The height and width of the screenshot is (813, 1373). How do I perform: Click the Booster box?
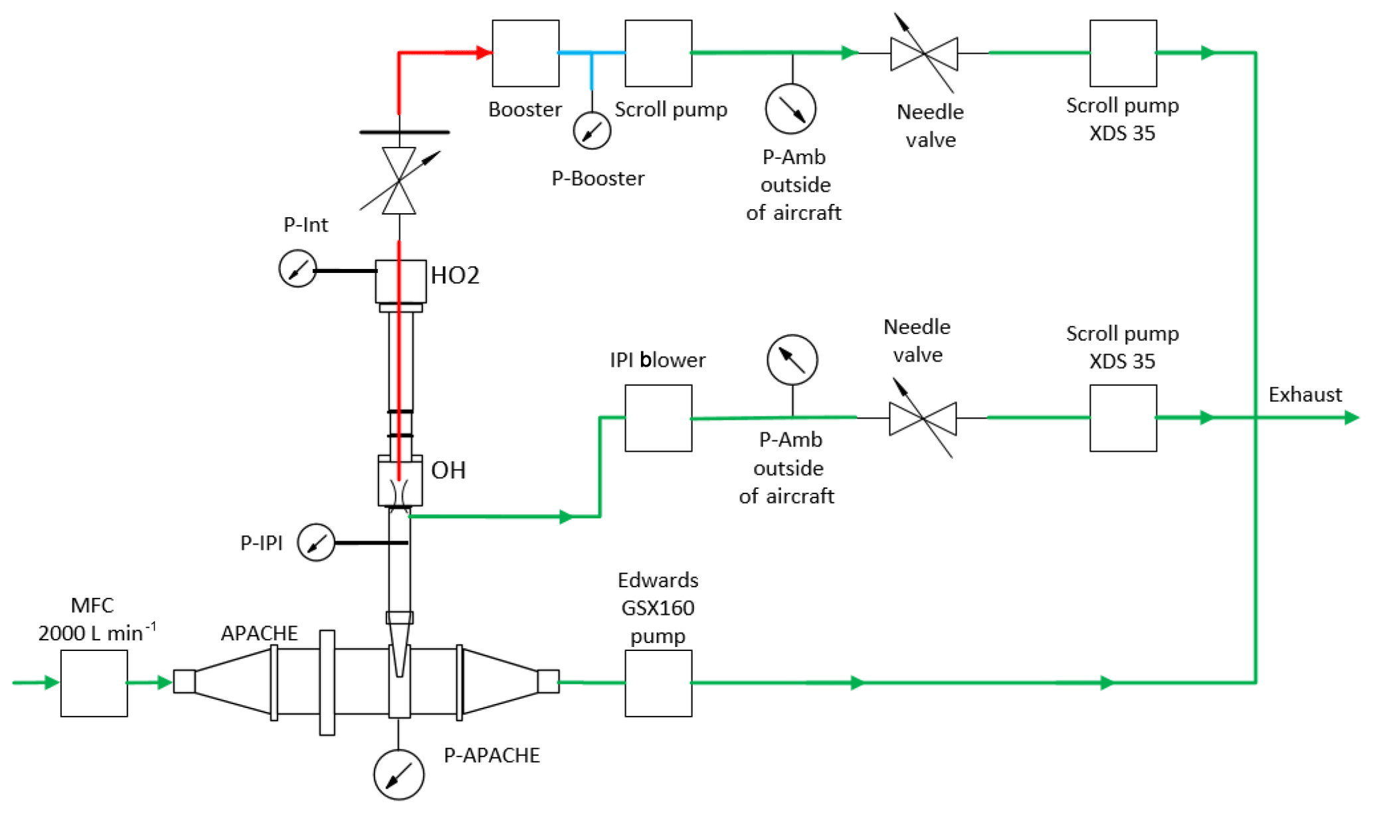[x=525, y=53]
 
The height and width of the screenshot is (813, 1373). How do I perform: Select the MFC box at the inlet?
[x=94, y=683]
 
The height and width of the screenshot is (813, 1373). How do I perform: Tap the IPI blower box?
[x=658, y=418]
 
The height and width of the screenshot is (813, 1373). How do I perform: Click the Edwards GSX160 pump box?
[x=658, y=683]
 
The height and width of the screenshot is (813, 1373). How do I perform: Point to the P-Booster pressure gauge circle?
[x=592, y=131]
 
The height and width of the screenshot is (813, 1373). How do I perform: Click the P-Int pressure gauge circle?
[x=298, y=269]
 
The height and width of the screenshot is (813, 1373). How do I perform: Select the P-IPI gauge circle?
[x=316, y=543]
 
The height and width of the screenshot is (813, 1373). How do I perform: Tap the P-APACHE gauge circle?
[x=399, y=774]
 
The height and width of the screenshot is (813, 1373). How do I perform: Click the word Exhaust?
[x=1305, y=395]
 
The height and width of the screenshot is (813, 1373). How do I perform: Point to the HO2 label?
[x=455, y=275]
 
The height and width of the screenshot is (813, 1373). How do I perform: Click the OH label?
[x=448, y=470]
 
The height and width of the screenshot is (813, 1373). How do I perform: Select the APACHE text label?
[x=259, y=633]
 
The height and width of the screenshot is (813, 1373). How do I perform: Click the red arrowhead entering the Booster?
[x=484, y=52]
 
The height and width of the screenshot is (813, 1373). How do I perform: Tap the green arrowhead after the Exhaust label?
[x=1351, y=418]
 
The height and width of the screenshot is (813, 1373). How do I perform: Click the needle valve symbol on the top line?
[x=924, y=53]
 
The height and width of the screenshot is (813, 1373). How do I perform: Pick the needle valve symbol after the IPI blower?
[x=923, y=418]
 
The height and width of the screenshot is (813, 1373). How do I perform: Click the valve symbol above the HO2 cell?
[x=399, y=181]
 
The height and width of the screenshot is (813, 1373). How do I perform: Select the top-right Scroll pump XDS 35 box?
[x=1123, y=53]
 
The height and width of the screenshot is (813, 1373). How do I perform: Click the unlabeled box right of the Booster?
[x=658, y=53]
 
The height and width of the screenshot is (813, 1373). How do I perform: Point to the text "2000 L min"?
[x=91, y=633]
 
